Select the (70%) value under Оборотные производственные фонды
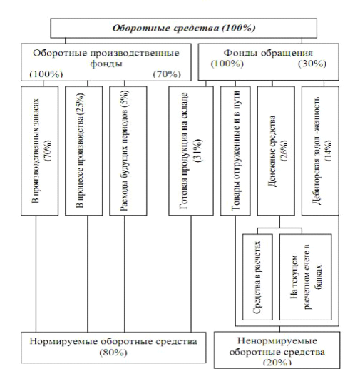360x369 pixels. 167,74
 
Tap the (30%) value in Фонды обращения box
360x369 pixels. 312,64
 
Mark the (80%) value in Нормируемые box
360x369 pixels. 113,353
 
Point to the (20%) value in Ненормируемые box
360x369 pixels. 277,362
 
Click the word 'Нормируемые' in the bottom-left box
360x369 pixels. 64,342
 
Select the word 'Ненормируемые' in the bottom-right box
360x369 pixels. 277,341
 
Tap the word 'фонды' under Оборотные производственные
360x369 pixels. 106,64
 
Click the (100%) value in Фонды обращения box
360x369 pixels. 227,64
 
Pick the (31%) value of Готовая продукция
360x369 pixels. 198,151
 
